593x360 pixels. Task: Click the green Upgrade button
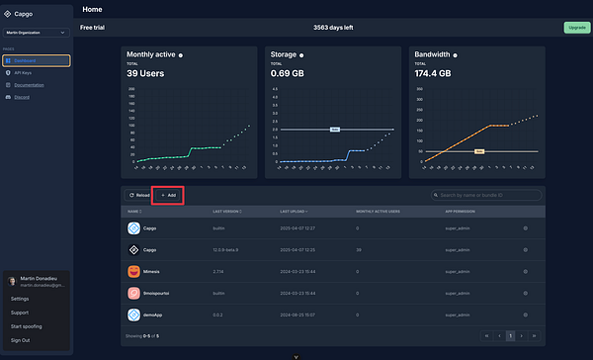[x=575, y=28]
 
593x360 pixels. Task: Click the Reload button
[x=138, y=195]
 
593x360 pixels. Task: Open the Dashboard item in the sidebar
[x=36, y=61]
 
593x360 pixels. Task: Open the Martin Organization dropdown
[x=36, y=33]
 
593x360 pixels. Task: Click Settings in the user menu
[x=21, y=298]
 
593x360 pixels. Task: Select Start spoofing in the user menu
[x=27, y=324]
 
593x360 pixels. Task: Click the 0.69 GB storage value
[x=290, y=73]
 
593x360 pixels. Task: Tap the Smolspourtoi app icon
[x=134, y=292]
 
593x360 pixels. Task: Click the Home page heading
[x=93, y=9]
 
